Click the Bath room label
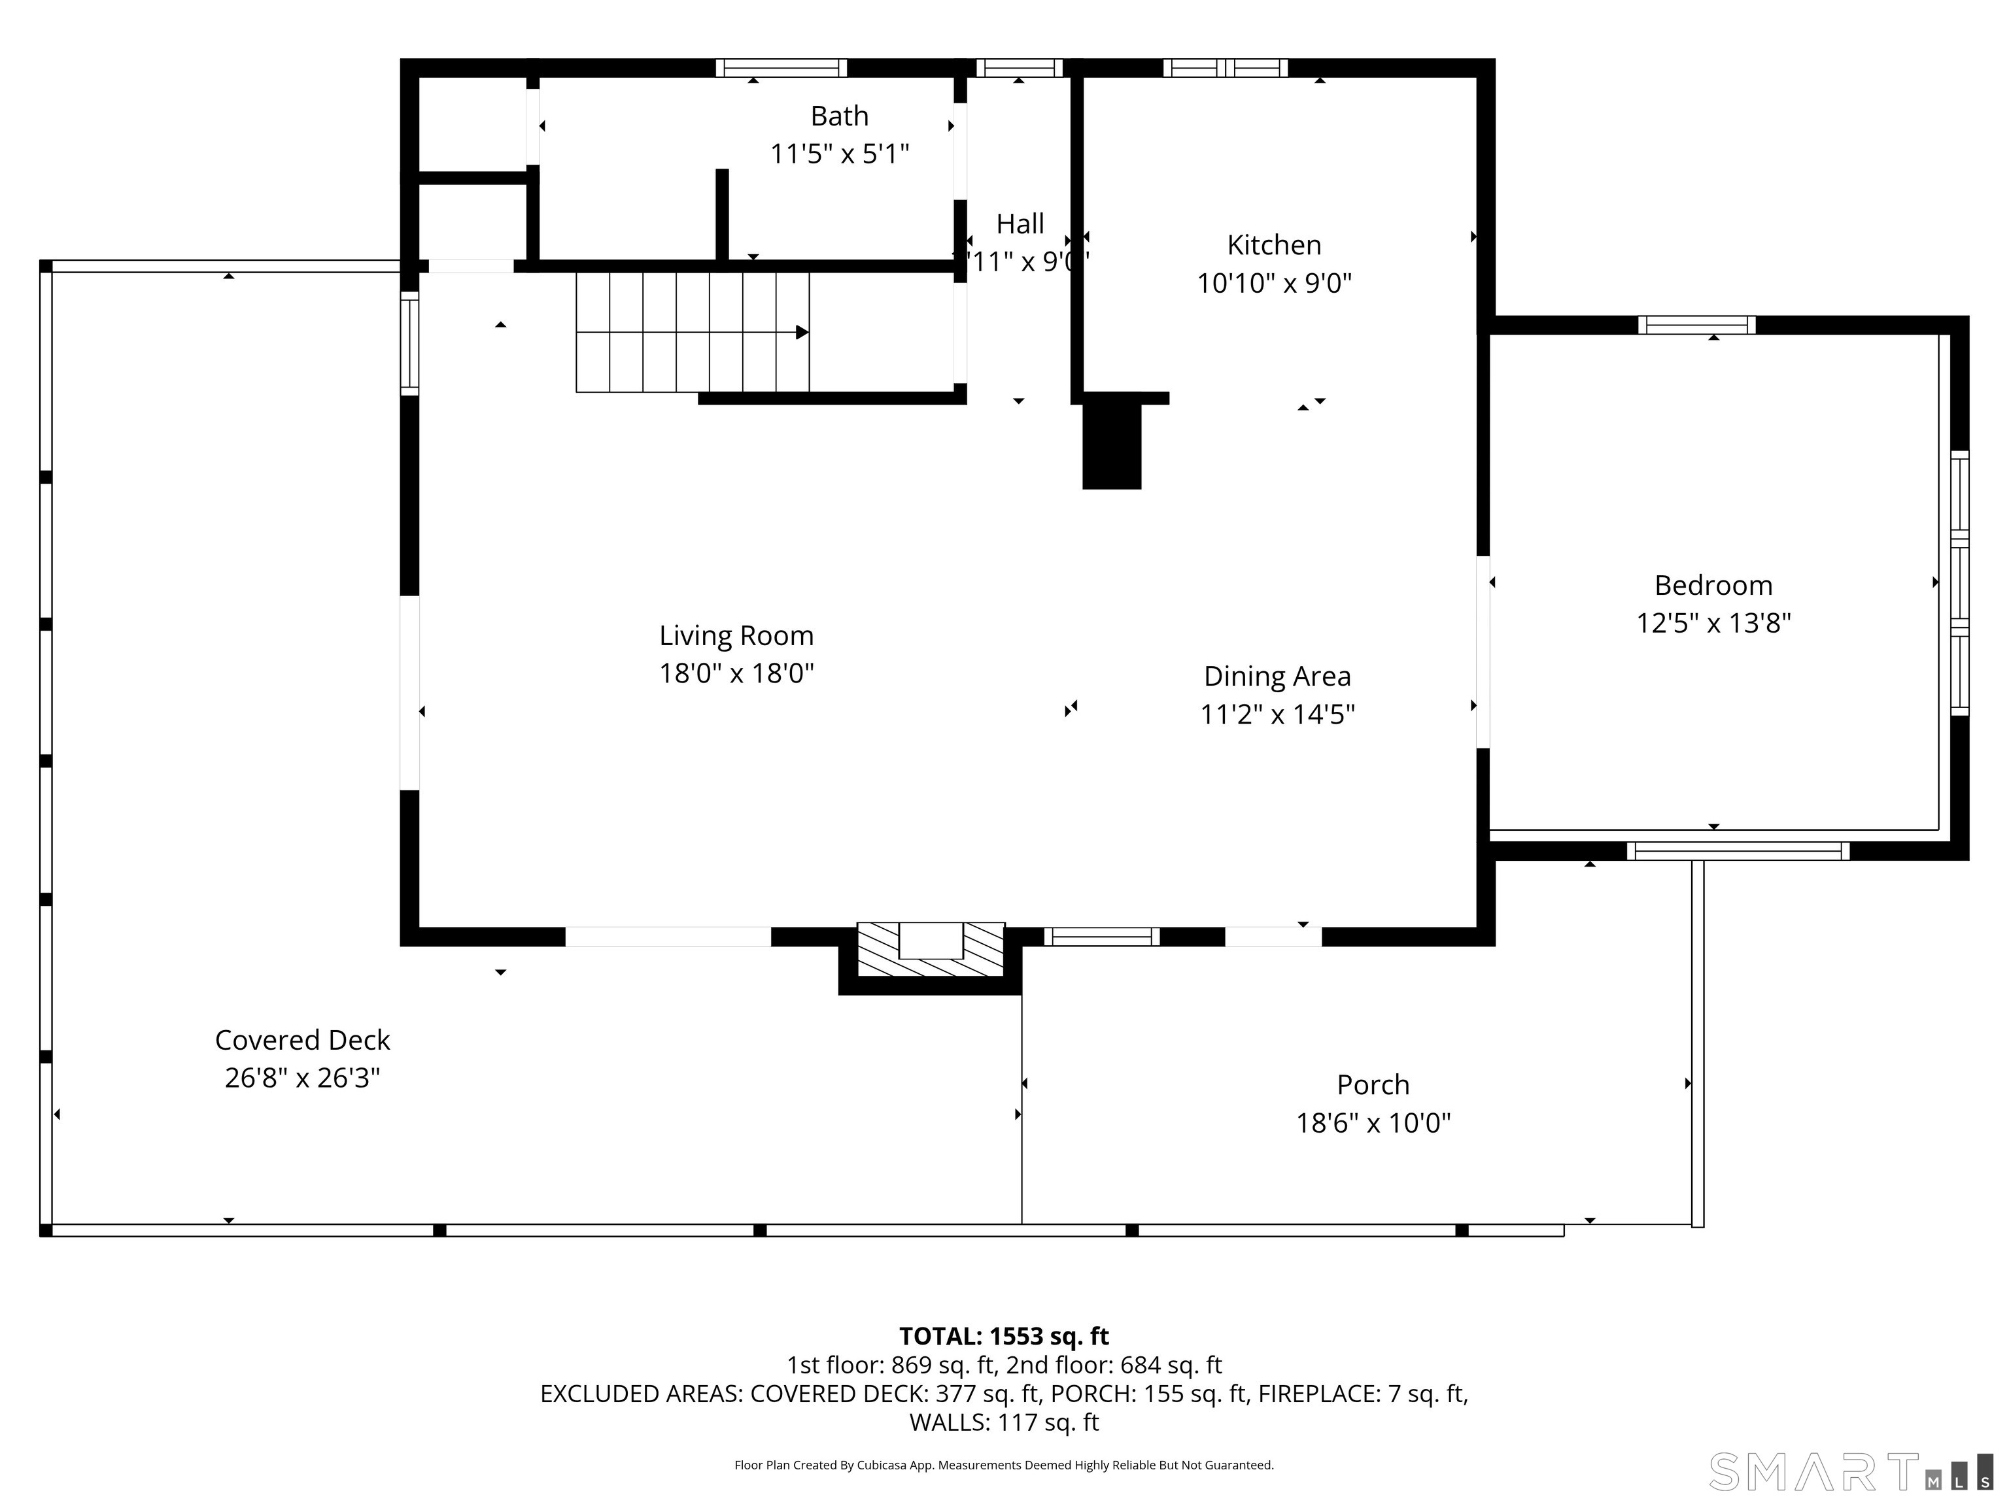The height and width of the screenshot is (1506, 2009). point(838,116)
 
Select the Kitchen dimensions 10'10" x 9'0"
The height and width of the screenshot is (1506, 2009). point(1273,283)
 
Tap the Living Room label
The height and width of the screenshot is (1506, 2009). point(736,635)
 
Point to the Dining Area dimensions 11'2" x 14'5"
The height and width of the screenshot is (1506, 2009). point(1277,714)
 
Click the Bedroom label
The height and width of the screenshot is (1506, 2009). point(1713,586)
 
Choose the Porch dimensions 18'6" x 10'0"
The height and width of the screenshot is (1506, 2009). point(1372,1123)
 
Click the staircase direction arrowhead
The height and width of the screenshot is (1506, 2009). point(802,332)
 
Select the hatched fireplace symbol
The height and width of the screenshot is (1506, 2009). point(931,950)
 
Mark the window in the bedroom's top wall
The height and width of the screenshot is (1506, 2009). point(1696,325)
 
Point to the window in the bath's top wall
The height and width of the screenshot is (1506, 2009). point(780,68)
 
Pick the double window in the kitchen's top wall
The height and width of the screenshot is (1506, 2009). point(1225,68)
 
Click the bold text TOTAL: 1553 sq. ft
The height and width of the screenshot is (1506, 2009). point(1004,1336)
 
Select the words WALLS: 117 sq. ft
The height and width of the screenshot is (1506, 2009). point(1004,1422)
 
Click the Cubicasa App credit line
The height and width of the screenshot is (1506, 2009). point(1004,1465)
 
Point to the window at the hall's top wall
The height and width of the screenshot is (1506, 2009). point(1019,68)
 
